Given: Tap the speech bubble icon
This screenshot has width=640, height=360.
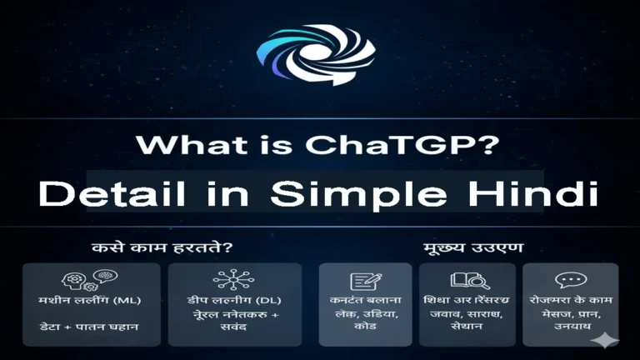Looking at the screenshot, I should [571, 281].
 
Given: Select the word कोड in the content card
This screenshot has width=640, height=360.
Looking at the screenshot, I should [365, 328].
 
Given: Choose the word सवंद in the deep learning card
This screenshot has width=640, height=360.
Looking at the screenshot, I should [234, 328].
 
